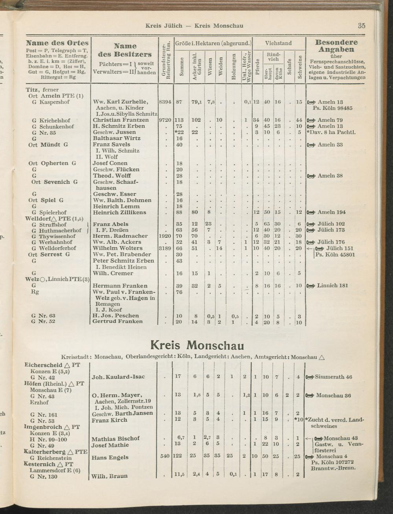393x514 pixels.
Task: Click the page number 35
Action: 362,26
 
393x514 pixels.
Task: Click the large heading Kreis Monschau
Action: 197,345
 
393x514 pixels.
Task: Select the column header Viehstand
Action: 278,43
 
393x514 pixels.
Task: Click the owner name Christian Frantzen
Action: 121,120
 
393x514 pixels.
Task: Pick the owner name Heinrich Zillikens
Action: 119,212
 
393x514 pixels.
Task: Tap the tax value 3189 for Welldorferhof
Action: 164,248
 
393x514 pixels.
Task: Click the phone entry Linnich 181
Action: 332,285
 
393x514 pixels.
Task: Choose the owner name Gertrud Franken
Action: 118,321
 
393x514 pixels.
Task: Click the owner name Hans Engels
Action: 110,457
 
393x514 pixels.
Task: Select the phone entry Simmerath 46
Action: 333,377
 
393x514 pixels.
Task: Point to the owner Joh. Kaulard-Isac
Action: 118,377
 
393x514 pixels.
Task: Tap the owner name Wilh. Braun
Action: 110,476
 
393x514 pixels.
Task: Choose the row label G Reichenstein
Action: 51,458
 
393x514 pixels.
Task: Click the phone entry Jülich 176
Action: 331,242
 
